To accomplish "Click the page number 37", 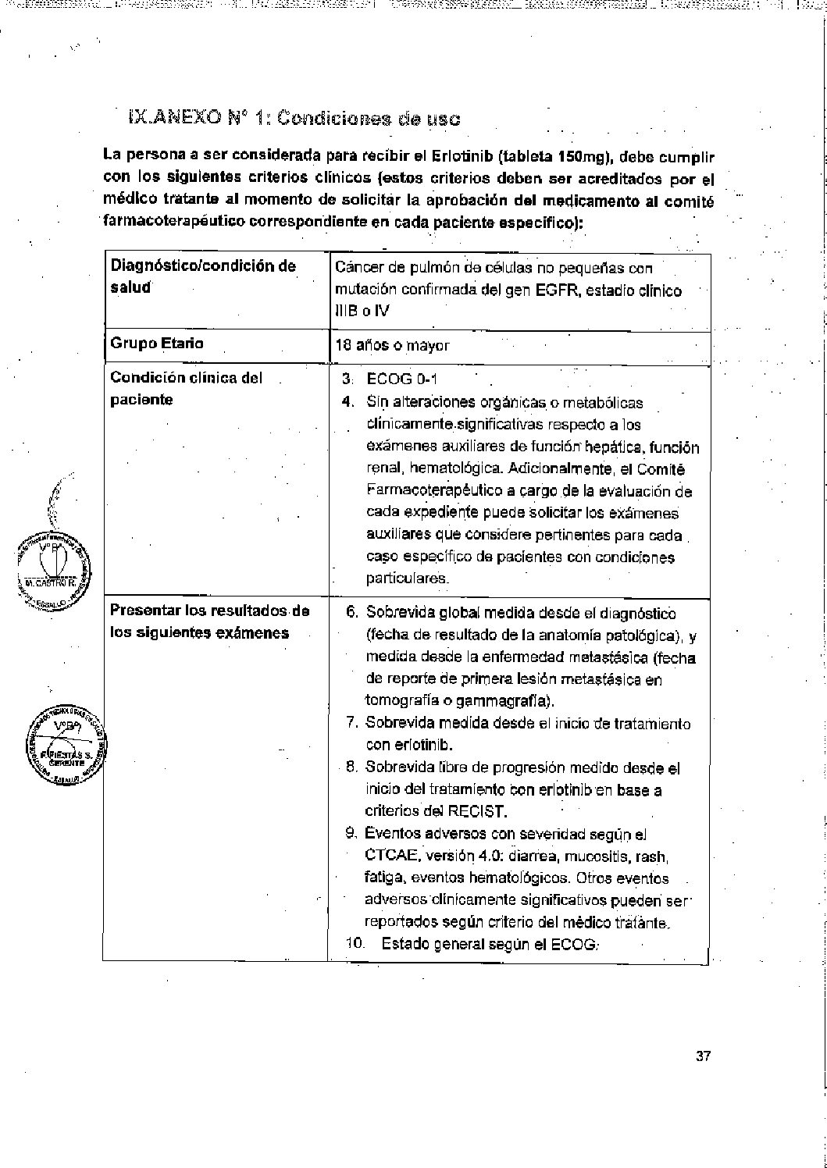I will pos(703,1057).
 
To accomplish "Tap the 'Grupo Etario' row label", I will pos(157,343).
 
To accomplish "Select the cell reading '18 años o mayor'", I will pos(392,345).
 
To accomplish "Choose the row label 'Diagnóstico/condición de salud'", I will pos(203,276).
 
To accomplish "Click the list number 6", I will pos(351,613).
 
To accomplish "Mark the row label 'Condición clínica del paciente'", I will pos(186,388).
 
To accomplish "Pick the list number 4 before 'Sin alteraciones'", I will pos(351,402).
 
